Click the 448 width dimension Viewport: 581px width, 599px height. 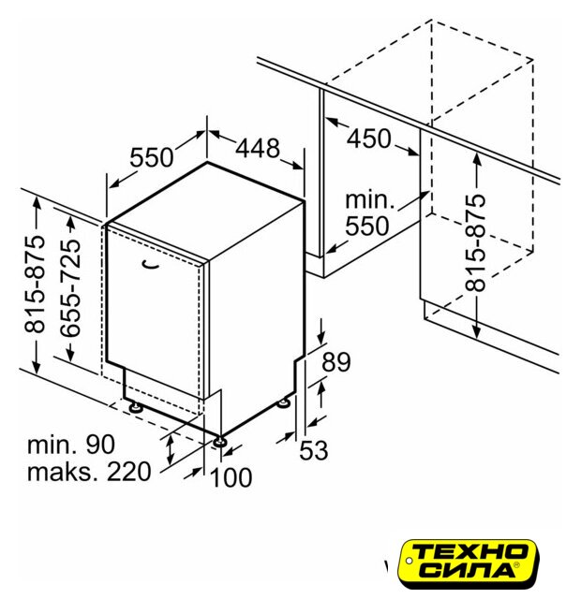coord(258,148)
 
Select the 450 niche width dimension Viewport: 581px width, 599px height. coord(368,139)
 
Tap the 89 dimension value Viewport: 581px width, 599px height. coord(335,362)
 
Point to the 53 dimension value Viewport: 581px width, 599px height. coord(314,450)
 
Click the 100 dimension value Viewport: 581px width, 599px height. coord(231,477)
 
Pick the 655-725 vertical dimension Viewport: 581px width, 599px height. coord(70,288)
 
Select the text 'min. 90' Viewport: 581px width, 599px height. coord(71,445)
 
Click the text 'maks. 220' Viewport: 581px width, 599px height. coord(89,472)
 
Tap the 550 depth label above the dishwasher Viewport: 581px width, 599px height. coord(152,157)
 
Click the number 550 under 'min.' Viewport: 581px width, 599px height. coord(367,226)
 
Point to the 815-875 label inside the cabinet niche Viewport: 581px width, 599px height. coord(476,243)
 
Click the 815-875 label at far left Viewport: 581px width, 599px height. coord(35,284)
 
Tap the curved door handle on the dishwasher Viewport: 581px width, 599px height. coord(150,264)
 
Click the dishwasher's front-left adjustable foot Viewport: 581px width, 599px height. coord(135,408)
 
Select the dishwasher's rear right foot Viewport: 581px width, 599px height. coord(284,403)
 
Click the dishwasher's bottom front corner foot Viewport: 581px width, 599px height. coord(220,442)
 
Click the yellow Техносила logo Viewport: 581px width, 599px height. coord(468,562)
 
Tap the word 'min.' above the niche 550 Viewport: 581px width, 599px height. coord(369,199)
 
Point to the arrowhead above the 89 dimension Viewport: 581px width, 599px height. coord(321,337)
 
